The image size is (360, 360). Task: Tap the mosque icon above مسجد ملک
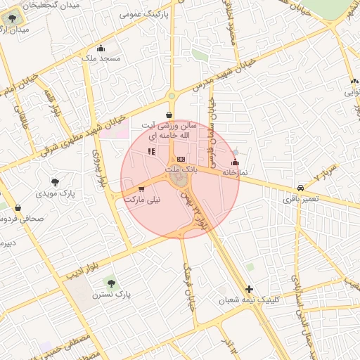click(x=101, y=49)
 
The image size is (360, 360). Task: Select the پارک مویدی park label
click(x=57, y=192)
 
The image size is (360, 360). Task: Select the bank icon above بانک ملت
click(x=181, y=160)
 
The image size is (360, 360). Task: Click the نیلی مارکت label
click(x=142, y=200)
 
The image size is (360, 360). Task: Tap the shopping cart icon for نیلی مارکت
click(x=142, y=189)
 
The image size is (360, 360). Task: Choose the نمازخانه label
click(x=236, y=172)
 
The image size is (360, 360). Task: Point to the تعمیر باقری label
click(x=301, y=200)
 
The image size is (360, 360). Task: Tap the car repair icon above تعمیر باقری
click(x=301, y=188)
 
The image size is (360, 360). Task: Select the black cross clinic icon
click(x=249, y=289)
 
